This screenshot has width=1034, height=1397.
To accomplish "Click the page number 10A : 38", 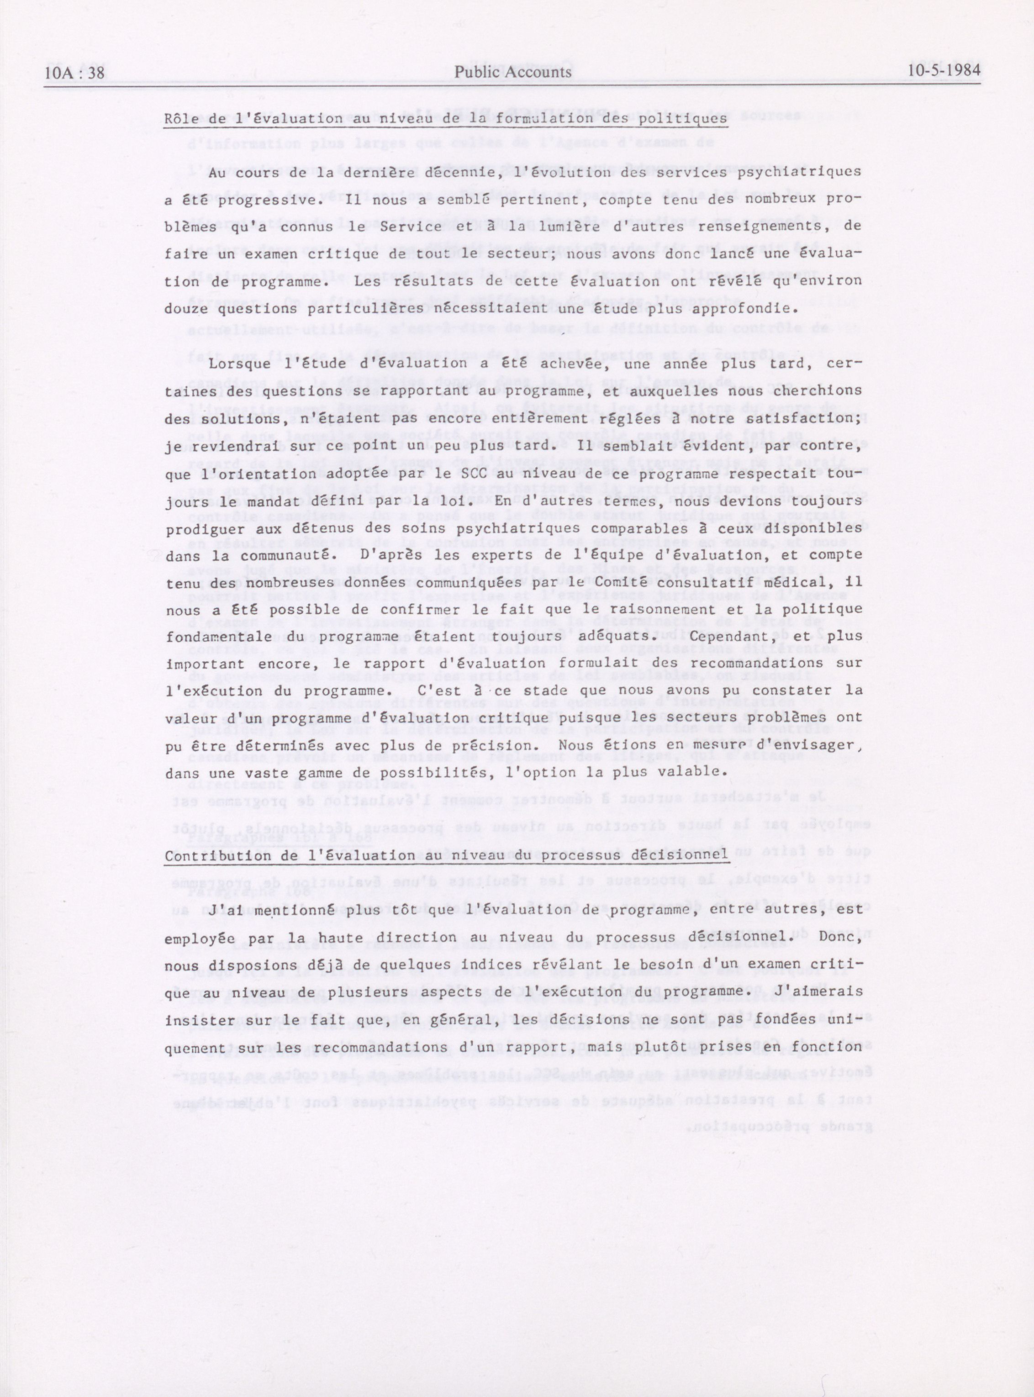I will click(74, 73).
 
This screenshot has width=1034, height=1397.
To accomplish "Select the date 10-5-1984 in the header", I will click(945, 70).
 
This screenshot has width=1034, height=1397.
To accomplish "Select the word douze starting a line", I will click(186, 309).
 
